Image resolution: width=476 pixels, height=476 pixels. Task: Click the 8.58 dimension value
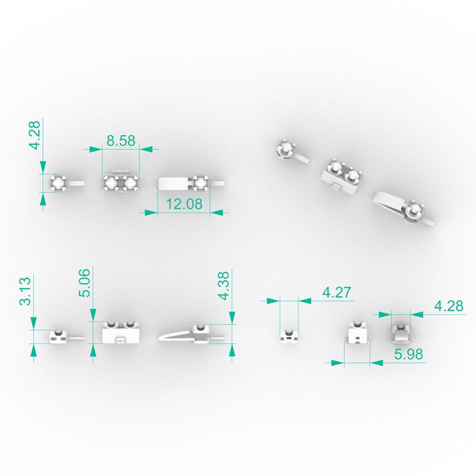121,140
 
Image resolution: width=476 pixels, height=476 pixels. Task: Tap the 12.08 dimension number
184,203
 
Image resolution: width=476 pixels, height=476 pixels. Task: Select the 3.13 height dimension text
25,290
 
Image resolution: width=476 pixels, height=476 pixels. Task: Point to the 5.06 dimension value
84,282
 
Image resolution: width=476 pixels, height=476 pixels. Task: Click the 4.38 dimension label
224,286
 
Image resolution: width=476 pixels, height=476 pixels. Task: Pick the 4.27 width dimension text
337,292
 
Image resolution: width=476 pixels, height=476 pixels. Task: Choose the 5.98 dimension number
408,354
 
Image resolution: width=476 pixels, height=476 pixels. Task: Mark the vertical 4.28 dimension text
35,135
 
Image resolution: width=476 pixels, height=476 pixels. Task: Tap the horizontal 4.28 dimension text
449,306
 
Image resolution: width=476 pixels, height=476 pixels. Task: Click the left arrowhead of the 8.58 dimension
96,149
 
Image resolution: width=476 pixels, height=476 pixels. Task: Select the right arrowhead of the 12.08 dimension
216,212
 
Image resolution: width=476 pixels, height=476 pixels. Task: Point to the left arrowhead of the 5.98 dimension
337,362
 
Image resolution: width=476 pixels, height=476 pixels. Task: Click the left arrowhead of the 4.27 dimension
273,301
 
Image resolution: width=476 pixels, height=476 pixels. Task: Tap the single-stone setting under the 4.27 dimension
289,336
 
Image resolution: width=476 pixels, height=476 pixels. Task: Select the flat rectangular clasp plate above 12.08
173,183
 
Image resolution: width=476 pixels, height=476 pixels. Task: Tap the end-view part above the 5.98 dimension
358,333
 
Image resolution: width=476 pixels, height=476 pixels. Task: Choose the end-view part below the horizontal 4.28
400,334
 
